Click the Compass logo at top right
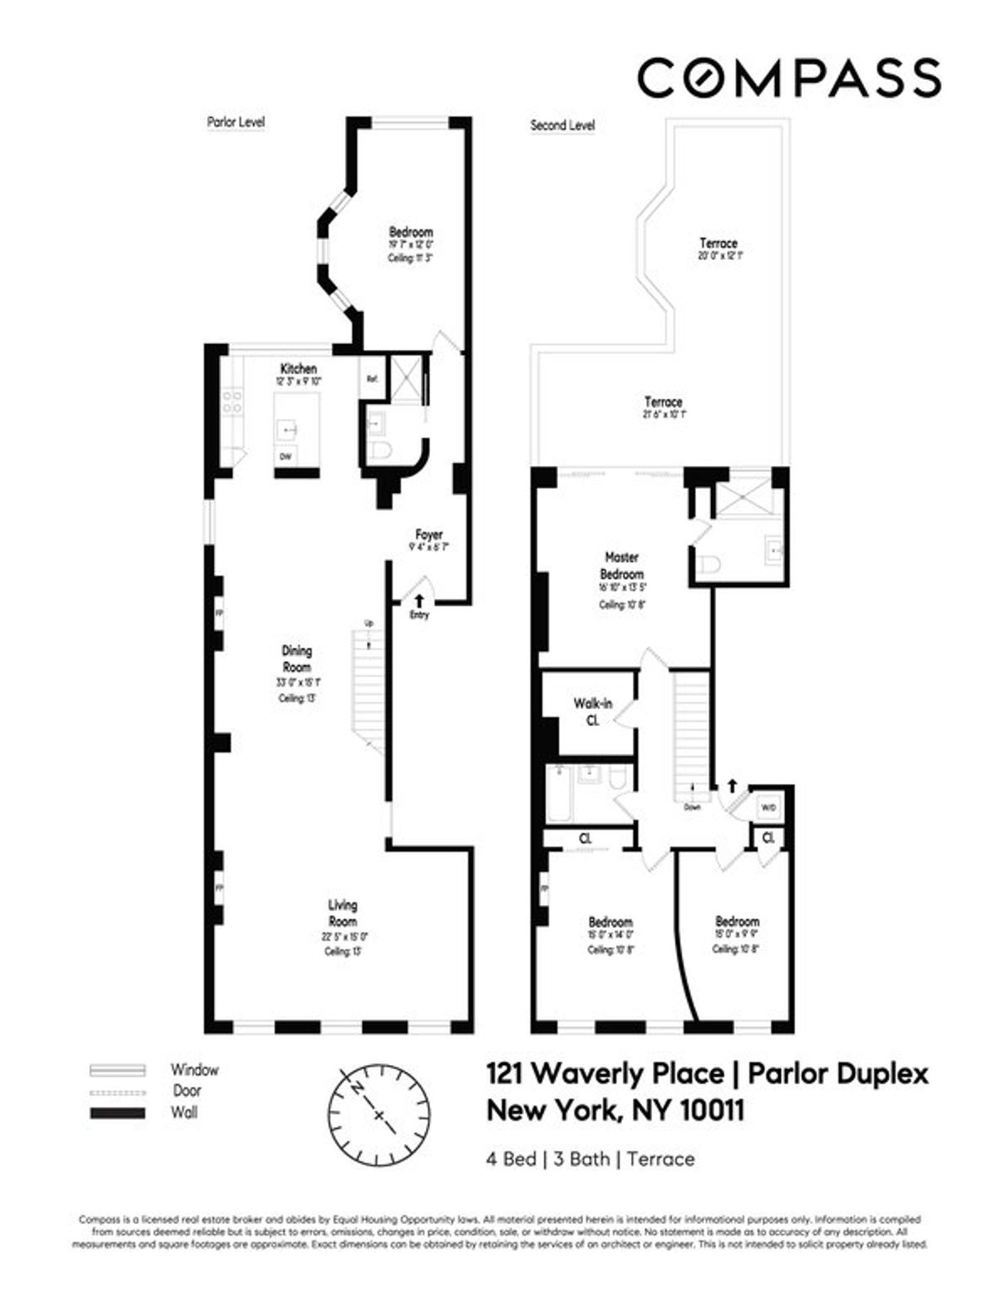[x=788, y=78]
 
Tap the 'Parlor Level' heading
[x=235, y=122]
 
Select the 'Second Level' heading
[x=562, y=126]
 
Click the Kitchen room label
[x=298, y=368]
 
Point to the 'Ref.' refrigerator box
[x=372, y=378]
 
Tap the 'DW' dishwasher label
[x=285, y=456]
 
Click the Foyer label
[x=429, y=535]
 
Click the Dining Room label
[x=297, y=658]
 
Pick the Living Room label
[x=343, y=913]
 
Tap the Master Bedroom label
[x=621, y=565]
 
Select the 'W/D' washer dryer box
[x=768, y=807]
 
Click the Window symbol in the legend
[x=117, y=1070]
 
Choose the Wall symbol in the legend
[x=117, y=1113]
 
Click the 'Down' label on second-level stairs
[x=692, y=806]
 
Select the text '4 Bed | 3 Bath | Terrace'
[x=590, y=1159]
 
